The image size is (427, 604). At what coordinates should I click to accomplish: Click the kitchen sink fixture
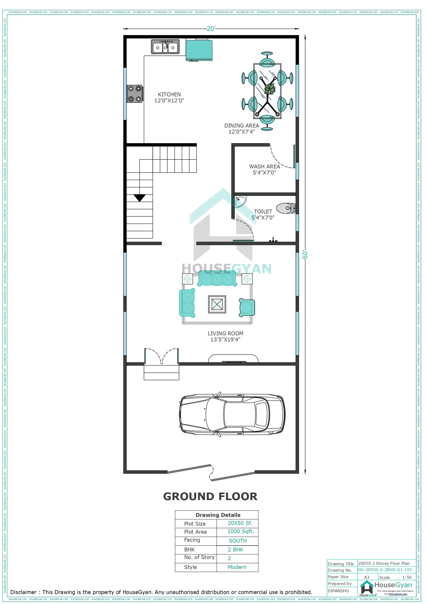[165, 47]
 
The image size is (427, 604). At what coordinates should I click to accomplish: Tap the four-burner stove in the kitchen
[135, 94]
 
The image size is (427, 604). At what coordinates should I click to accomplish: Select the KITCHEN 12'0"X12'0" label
[169, 97]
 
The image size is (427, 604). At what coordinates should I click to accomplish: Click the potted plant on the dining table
[270, 89]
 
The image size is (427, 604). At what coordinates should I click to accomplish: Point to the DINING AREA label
[242, 129]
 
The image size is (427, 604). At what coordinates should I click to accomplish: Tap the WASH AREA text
[264, 169]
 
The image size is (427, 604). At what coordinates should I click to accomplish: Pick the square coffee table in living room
[217, 304]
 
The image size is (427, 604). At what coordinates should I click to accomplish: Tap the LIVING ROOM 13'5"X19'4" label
[226, 337]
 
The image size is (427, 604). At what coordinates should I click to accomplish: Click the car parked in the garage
[232, 415]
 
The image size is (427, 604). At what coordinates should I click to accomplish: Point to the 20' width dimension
[211, 29]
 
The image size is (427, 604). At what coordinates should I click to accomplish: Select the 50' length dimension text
[305, 254]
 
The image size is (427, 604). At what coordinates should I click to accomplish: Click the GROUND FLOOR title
[210, 496]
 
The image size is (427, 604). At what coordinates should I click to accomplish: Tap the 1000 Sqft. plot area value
[240, 531]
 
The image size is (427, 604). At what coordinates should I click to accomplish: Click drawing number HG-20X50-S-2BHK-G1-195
[385, 570]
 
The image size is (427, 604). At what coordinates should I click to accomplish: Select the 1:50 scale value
[407, 577]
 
